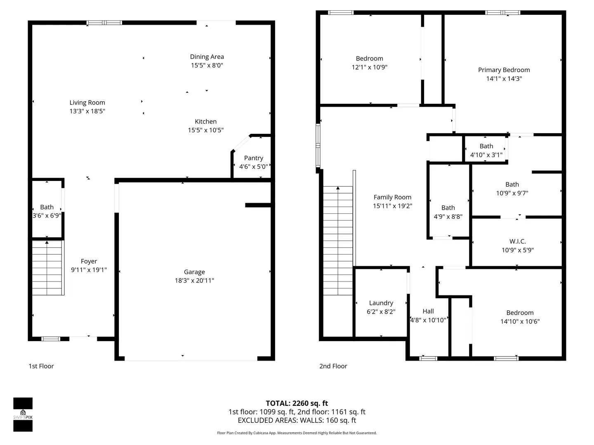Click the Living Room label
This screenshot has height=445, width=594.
[87, 103]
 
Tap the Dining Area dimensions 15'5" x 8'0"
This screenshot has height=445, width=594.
[207, 66]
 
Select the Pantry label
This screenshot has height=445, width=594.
[254, 158]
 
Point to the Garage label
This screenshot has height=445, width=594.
[194, 272]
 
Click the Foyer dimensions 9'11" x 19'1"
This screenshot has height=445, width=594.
[89, 269]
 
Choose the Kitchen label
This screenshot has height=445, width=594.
[206, 122]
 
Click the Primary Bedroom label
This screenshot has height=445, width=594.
[504, 70]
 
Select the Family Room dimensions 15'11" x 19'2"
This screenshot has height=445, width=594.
[392, 206]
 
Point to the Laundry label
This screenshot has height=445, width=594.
[381, 303]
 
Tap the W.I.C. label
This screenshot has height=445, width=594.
[518, 241]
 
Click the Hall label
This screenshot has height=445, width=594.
[428, 311]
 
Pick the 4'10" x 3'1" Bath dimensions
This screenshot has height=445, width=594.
[486, 155]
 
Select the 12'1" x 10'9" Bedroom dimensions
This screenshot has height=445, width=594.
[369, 67]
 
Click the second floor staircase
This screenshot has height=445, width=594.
[338, 241]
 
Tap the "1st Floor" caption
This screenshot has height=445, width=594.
[41, 366]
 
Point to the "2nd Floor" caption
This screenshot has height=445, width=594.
[333, 366]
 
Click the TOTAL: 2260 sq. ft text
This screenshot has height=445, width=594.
[297, 403]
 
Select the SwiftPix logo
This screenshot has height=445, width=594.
[23, 415]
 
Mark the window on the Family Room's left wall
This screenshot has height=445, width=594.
[318, 145]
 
